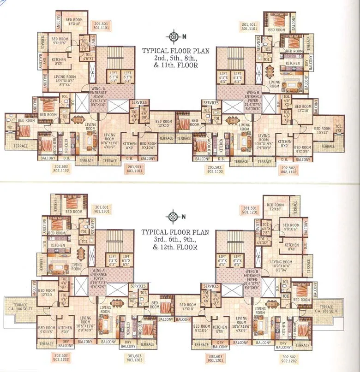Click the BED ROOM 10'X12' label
(322, 130)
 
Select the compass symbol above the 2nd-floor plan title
(174, 37)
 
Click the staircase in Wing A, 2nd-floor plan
(113, 58)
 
